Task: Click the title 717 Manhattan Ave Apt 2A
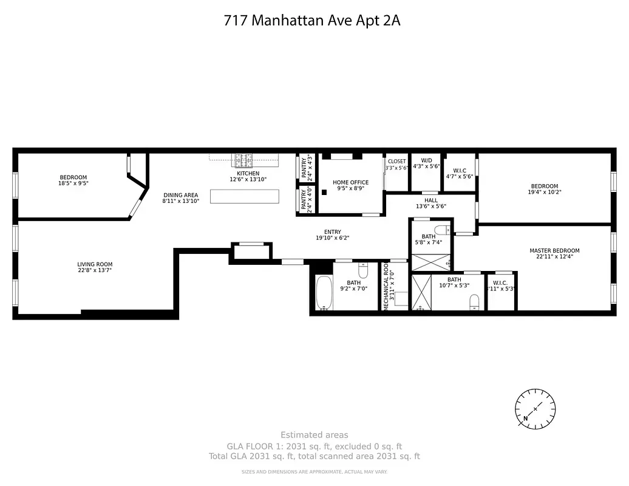(x=312, y=21)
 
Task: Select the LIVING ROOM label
(x=95, y=264)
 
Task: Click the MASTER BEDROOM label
(x=554, y=250)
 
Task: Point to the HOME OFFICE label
(x=350, y=182)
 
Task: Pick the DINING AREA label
(x=180, y=195)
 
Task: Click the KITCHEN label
(x=248, y=174)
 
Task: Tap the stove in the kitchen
(x=244, y=160)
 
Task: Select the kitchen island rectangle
(x=245, y=196)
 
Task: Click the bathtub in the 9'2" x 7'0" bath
(x=324, y=293)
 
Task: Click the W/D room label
(x=426, y=160)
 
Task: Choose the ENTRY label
(x=332, y=231)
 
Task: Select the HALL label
(x=430, y=200)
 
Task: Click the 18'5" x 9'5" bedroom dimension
(x=73, y=183)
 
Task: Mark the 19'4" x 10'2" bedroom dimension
(x=545, y=193)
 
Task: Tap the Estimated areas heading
(x=314, y=434)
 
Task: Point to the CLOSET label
(x=396, y=162)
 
